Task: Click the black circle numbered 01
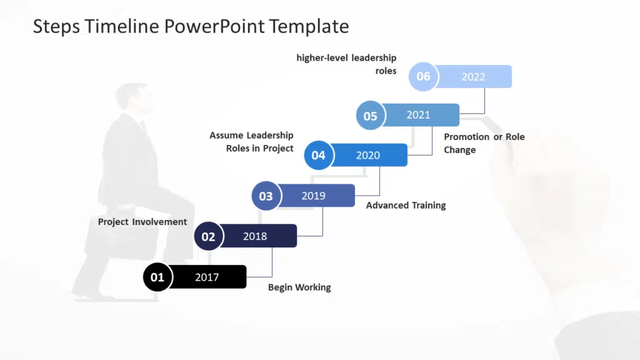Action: pos(157,277)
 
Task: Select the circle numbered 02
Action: pos(208,236)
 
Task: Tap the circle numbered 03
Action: pos(266,196)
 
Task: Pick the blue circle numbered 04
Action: pos(318,155)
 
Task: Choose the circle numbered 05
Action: pos(370,116)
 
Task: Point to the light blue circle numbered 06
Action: pos(423,76)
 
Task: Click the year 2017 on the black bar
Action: pos(207,277)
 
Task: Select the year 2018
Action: pos(255,236)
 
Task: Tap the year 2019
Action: pos(313,196)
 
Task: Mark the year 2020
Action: pos(367,155)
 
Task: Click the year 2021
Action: pos(418,115)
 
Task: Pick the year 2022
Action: pos(473,77)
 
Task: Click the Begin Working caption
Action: pos(299,287)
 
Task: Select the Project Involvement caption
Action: pos(142,222)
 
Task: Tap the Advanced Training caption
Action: pos(406,206)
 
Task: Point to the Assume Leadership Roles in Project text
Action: pos(252,142)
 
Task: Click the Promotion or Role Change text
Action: pos(484,143)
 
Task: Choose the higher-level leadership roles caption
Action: pos(347,64)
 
